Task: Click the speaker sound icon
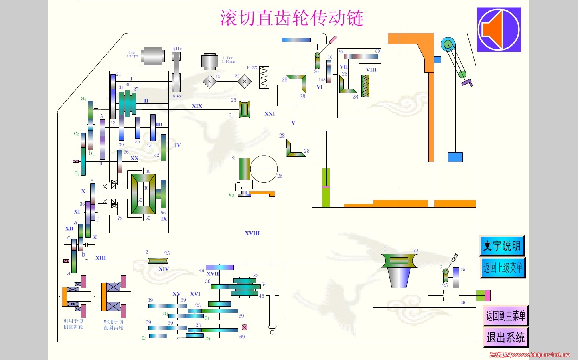pos(499,30)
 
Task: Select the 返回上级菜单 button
pos(503,267)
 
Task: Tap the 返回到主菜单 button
pos(505,316)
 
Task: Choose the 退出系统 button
pos(505,337)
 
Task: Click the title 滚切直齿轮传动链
pos(292,18)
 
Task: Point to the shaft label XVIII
pos(252,233)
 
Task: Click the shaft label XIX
pos(197,106)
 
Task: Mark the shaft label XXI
pos(270,114)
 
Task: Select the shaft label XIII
pos(101,258)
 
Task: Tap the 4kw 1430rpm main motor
pos(152,56)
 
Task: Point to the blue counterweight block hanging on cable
pos(455,157)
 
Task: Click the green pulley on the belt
pos(462,74)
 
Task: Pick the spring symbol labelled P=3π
pos(264,77)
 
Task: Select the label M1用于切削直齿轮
pos(73,324)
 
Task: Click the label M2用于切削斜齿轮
pos(114,324)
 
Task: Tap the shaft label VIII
pos(371,70)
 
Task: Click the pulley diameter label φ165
pos(177,96)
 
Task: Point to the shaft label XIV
pos(164,269)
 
